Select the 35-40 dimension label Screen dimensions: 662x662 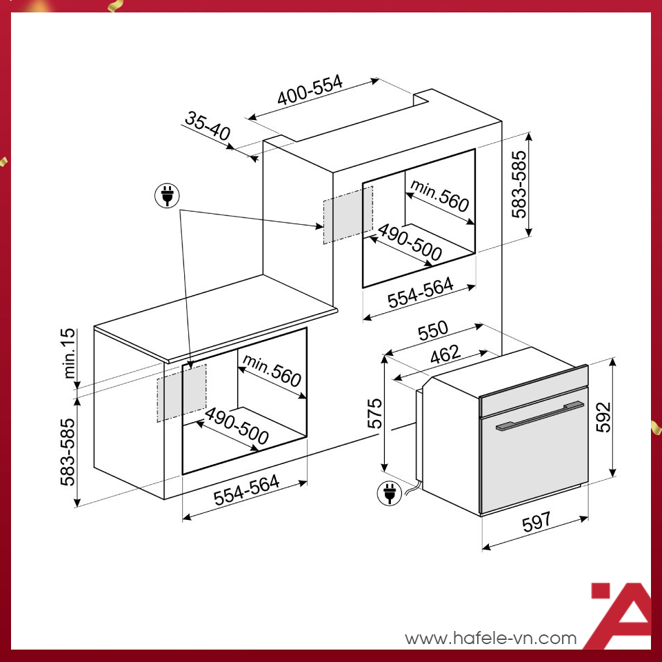(207, 128)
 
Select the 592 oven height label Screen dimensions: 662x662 (603, 417)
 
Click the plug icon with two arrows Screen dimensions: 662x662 (166, 196)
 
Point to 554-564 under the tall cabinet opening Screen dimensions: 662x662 (419, 293)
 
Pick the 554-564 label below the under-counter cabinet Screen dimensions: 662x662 (246, 491)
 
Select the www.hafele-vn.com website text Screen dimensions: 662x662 (490, 638)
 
